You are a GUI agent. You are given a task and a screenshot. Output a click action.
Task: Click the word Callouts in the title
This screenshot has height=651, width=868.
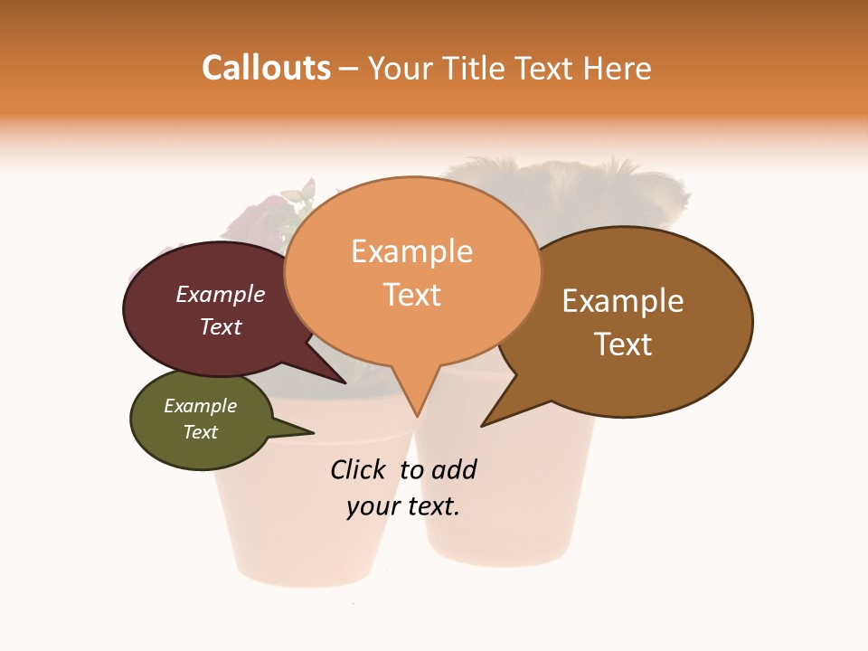[x=266, y=68]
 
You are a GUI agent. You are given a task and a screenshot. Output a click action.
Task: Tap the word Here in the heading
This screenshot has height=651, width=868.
[x=618, y=69]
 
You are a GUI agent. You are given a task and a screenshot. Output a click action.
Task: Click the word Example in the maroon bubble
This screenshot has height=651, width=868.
[x=220, y=295]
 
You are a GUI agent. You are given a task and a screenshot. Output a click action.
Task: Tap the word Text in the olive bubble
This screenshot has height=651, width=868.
[x=200, y=432]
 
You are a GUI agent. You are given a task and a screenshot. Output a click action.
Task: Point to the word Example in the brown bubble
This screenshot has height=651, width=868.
[x=623, y=301]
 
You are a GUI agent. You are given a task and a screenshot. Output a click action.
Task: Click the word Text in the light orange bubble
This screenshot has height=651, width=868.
[x=412, y=295]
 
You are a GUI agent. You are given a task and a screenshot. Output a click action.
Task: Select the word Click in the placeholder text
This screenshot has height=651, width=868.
[x=357, y=469]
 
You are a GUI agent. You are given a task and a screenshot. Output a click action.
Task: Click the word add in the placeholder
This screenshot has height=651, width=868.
[x=453, y=469]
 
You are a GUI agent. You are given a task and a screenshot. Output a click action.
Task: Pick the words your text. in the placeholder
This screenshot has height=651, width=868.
[x=403, y=506]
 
